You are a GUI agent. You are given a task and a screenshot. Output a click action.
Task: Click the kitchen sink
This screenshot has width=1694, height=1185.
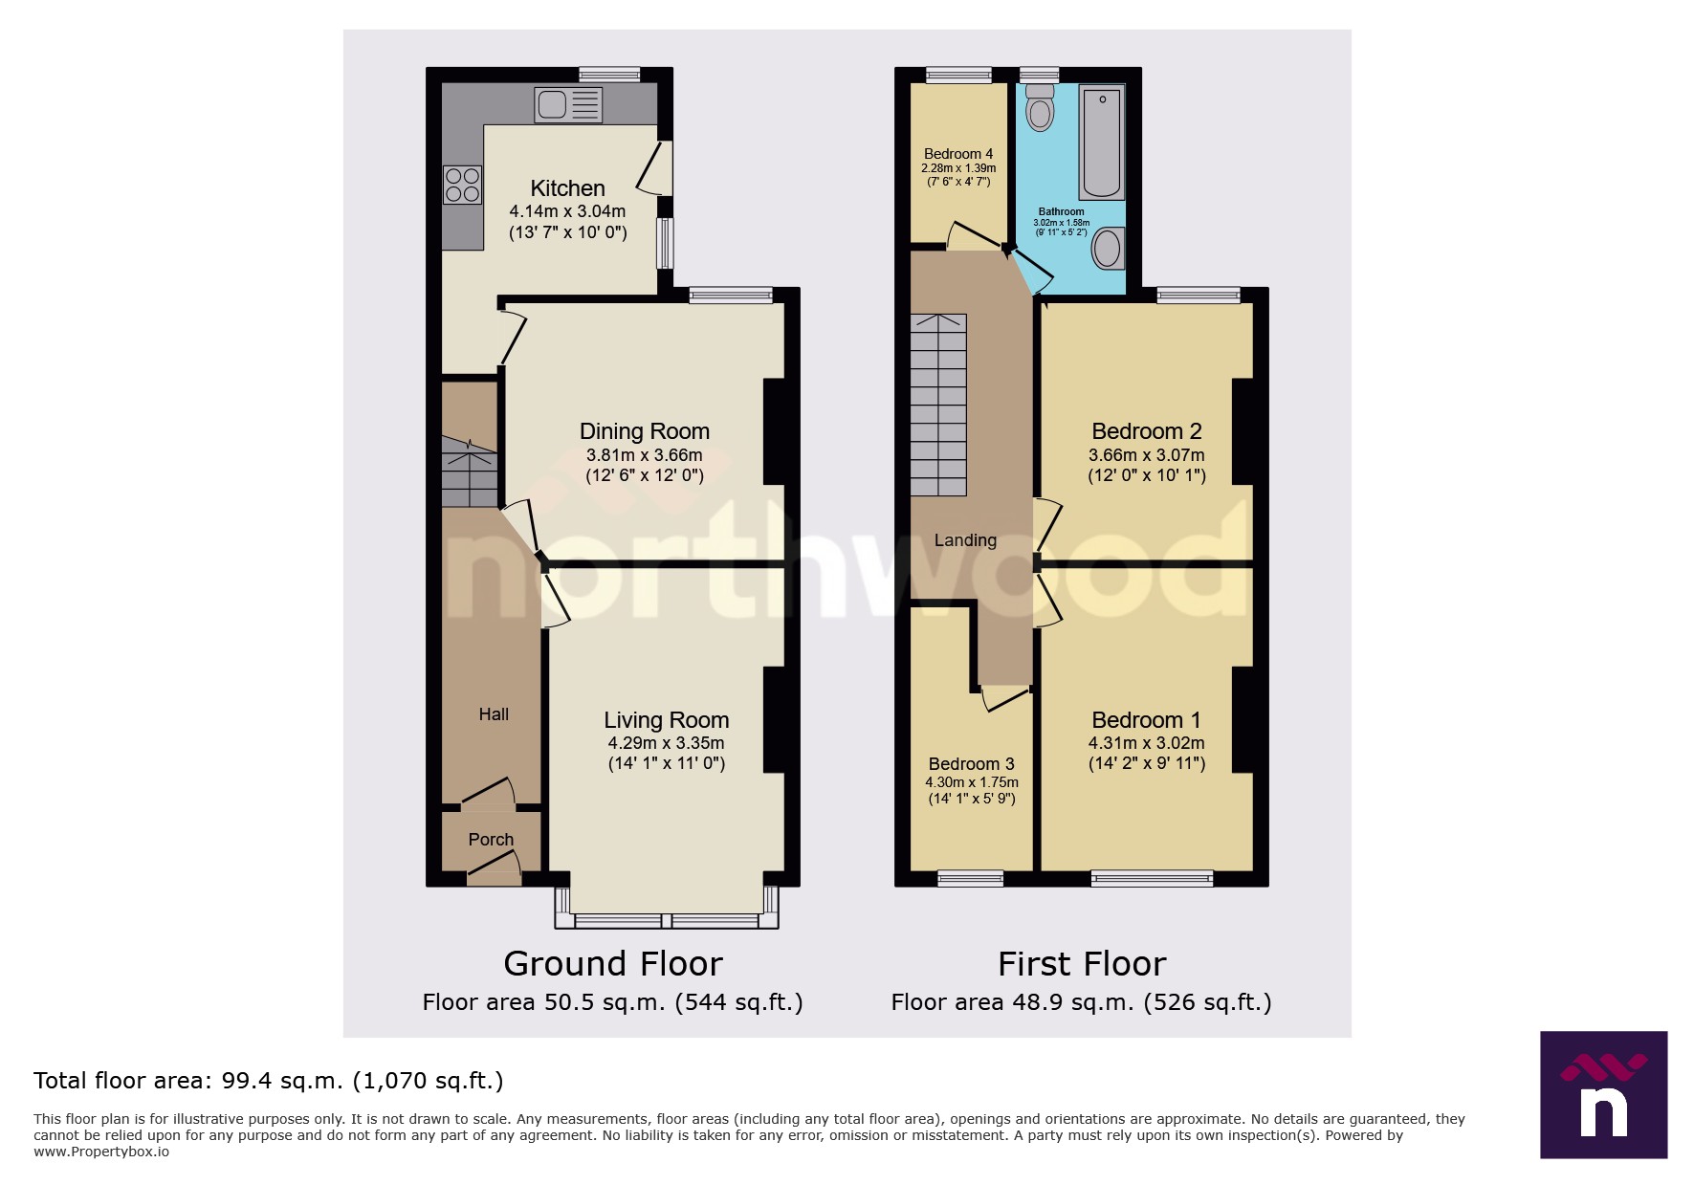coord(568,104)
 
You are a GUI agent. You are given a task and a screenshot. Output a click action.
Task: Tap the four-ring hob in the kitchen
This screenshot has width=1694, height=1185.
coord(462,185)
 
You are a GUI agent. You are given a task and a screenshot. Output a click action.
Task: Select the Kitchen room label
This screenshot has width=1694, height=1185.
coord(567,188)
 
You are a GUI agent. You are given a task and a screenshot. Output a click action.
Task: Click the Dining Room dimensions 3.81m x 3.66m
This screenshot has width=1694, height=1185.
coord(644,455)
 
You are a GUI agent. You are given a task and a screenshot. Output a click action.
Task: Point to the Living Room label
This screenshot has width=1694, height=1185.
coord(666,720)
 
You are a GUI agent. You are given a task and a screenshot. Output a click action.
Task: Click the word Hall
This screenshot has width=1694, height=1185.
coord(494,714)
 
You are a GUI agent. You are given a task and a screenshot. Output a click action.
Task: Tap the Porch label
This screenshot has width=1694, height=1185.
coord(491,840)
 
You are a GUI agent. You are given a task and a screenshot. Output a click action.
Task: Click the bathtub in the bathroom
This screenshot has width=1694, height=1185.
coord(1102,142)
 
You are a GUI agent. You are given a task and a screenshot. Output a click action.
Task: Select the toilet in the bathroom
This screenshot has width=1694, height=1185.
coord(1039,108)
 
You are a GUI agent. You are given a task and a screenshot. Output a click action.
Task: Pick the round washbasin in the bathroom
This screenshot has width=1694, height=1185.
coord(1107,250)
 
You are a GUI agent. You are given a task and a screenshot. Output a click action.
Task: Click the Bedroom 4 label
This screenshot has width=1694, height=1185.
coord(957,154)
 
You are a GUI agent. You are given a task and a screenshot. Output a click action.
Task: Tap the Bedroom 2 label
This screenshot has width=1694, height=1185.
coord(1146,431)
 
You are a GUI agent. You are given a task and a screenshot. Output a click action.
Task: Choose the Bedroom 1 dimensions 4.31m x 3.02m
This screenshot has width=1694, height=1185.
coord(1146,743)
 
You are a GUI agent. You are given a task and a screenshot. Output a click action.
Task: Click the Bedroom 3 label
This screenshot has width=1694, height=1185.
coord(971,764)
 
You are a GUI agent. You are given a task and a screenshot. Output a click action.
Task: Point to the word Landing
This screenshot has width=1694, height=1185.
coord(965,540)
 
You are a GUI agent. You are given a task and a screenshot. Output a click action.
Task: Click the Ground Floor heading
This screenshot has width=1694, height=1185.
coord(612,964)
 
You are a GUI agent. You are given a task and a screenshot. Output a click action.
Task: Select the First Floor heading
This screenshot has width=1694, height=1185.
coord(1081,964)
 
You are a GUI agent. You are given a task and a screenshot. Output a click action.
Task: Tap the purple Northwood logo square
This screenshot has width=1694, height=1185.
coord(1603,1095)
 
